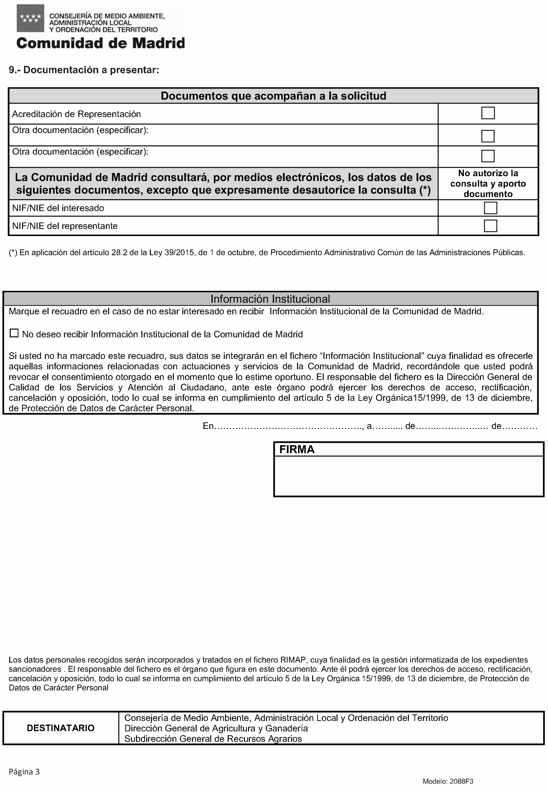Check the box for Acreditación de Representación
point(488,113)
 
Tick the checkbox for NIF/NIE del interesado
point(490,208)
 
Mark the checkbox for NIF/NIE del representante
point(490,226)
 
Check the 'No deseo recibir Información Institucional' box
point(14,333)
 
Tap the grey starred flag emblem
point(31,18)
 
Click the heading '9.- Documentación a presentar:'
point(84,70)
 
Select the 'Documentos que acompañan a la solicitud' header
point(273,96)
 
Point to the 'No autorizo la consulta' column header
point(488,184)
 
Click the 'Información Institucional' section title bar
point(270,299)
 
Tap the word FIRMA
point(297,450)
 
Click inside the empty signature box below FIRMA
point(409,476)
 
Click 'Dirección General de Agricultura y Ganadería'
point(216,728)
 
